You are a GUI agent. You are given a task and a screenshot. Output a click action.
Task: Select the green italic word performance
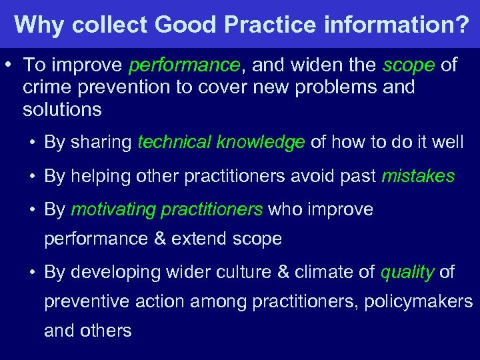click(184, 65)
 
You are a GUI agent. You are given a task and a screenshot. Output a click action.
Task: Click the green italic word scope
click(409, 65)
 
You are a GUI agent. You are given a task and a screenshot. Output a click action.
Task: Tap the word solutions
click(62, 109)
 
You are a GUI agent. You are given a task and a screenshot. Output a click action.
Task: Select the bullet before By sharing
click(32, 142)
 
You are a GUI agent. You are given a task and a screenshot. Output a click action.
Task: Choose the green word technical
click(175, 142)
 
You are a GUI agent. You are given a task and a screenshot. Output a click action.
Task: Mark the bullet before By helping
click(32, 176)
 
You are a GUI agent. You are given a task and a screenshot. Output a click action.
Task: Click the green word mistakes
click(418, 176)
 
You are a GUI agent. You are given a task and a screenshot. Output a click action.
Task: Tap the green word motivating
click(111, 210)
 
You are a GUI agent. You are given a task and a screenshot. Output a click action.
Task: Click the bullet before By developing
click(32, 272)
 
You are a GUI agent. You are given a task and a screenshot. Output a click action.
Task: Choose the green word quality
click(407, 272)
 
